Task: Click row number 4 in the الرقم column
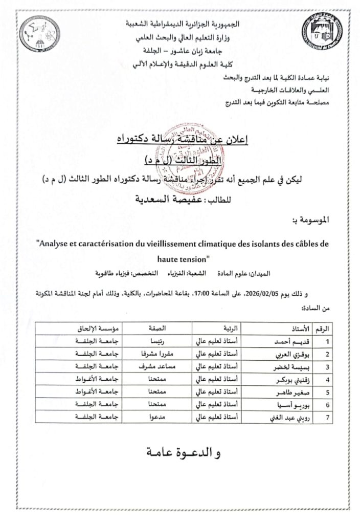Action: click(327, 380)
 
